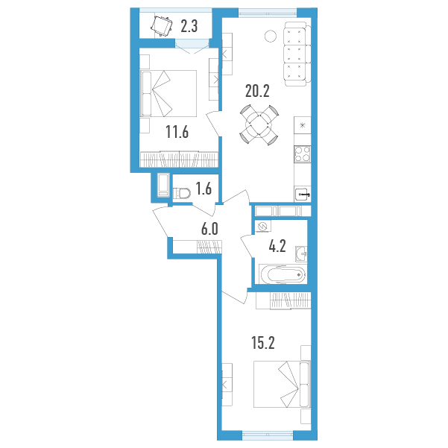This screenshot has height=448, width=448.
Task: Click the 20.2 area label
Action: (257, 92)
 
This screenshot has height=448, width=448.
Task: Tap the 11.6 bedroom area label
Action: (177, 132)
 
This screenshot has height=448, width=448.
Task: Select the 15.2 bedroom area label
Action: (263, 343)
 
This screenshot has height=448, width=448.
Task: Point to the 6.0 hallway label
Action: (209, 229)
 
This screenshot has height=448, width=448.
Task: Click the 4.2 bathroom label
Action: (277, 246)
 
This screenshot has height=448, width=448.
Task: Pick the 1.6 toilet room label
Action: (204, 189)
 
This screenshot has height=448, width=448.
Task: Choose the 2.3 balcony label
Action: (189, 26)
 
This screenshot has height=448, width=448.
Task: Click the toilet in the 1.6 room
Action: (182, 193)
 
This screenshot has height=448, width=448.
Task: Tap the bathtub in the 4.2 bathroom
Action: (283, 274)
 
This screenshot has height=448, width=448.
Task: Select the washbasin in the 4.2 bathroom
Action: (301, 253)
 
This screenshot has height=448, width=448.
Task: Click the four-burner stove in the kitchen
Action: (303, 154)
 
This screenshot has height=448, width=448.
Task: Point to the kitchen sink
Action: (303, 195)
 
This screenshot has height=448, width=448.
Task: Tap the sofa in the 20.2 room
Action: (297, 54)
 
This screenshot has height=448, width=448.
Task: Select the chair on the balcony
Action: (162, 27)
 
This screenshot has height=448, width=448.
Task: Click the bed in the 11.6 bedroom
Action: (169, 93)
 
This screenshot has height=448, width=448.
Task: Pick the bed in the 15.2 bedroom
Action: (282, 385)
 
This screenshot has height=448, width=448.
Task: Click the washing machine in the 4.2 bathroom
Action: (263, 227)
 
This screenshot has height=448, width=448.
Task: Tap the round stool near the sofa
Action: (271, 36)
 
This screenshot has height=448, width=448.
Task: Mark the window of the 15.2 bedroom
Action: (268, 435)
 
